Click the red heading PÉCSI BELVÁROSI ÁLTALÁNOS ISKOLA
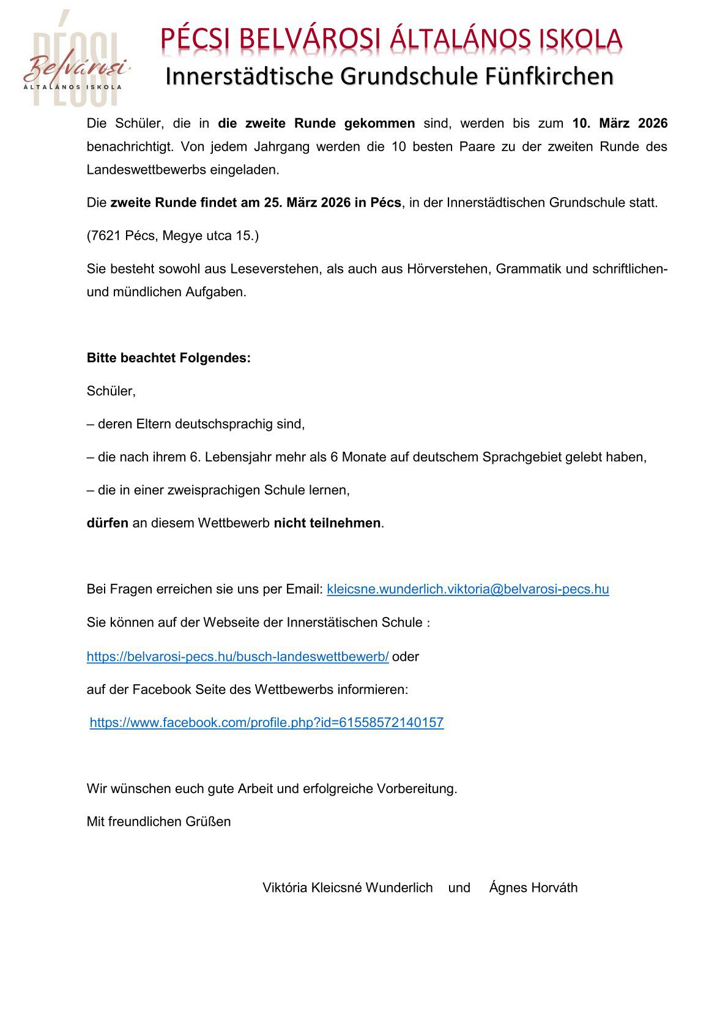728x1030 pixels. tap(392, 40)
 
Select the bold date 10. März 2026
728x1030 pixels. tap(620, 123)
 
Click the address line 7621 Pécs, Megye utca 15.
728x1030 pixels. tap(173, 236)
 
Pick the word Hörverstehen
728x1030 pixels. tap(448, 269)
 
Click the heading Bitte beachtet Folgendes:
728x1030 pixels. tap(169, 358)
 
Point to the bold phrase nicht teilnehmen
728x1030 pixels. tap(327, 523)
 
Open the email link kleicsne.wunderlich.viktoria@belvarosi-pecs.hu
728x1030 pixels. tap(468, 589)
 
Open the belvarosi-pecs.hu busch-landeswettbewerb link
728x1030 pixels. tap(237, 657)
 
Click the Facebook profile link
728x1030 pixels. tap(267, 723)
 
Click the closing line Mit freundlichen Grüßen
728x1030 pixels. tap(159, 822)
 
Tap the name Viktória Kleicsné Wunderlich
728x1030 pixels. tap(347, 888)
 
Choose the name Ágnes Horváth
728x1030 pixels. tap(533, 888)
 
